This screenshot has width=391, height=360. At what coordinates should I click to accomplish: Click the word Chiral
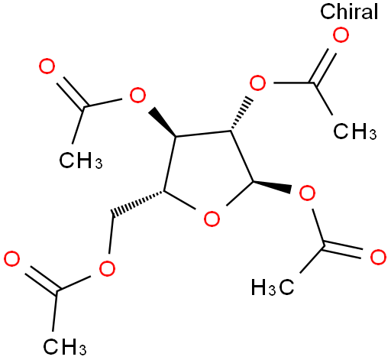point(349,11)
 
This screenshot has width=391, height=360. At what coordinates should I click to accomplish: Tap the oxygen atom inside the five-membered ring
point(212,219)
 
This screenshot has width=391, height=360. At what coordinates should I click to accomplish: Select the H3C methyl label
point(273,287)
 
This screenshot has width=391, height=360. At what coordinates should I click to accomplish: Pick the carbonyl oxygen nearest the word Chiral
point(341,35)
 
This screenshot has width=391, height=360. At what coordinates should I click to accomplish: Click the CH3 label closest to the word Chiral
point(354,131)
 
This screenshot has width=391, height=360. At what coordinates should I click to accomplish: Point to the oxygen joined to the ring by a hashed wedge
point(257,83)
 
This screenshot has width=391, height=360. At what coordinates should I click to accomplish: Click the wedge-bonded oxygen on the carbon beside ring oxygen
point(307,193)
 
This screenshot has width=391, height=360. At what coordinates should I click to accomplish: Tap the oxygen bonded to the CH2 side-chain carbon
point(107,268)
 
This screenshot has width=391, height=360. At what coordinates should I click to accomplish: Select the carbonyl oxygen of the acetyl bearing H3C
point(378,258)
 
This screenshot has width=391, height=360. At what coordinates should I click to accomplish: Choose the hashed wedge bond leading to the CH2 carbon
point(138,203)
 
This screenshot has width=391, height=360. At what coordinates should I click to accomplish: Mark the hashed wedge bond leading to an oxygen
point(241,114)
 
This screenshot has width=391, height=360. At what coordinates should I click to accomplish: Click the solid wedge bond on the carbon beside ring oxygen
point(272,186)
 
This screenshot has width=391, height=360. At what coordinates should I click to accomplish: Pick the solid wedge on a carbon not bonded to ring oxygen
point(163,122)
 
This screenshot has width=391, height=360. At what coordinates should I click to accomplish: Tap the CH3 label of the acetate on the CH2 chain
point(65,346)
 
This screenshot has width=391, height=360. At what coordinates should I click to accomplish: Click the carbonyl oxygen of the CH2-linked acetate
point(11,258)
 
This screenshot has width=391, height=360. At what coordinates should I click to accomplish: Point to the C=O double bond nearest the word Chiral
point(322,66)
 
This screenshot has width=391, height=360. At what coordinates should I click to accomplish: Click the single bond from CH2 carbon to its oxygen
point(111,235)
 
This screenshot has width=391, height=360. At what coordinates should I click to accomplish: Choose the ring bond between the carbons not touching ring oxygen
point(204,134)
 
